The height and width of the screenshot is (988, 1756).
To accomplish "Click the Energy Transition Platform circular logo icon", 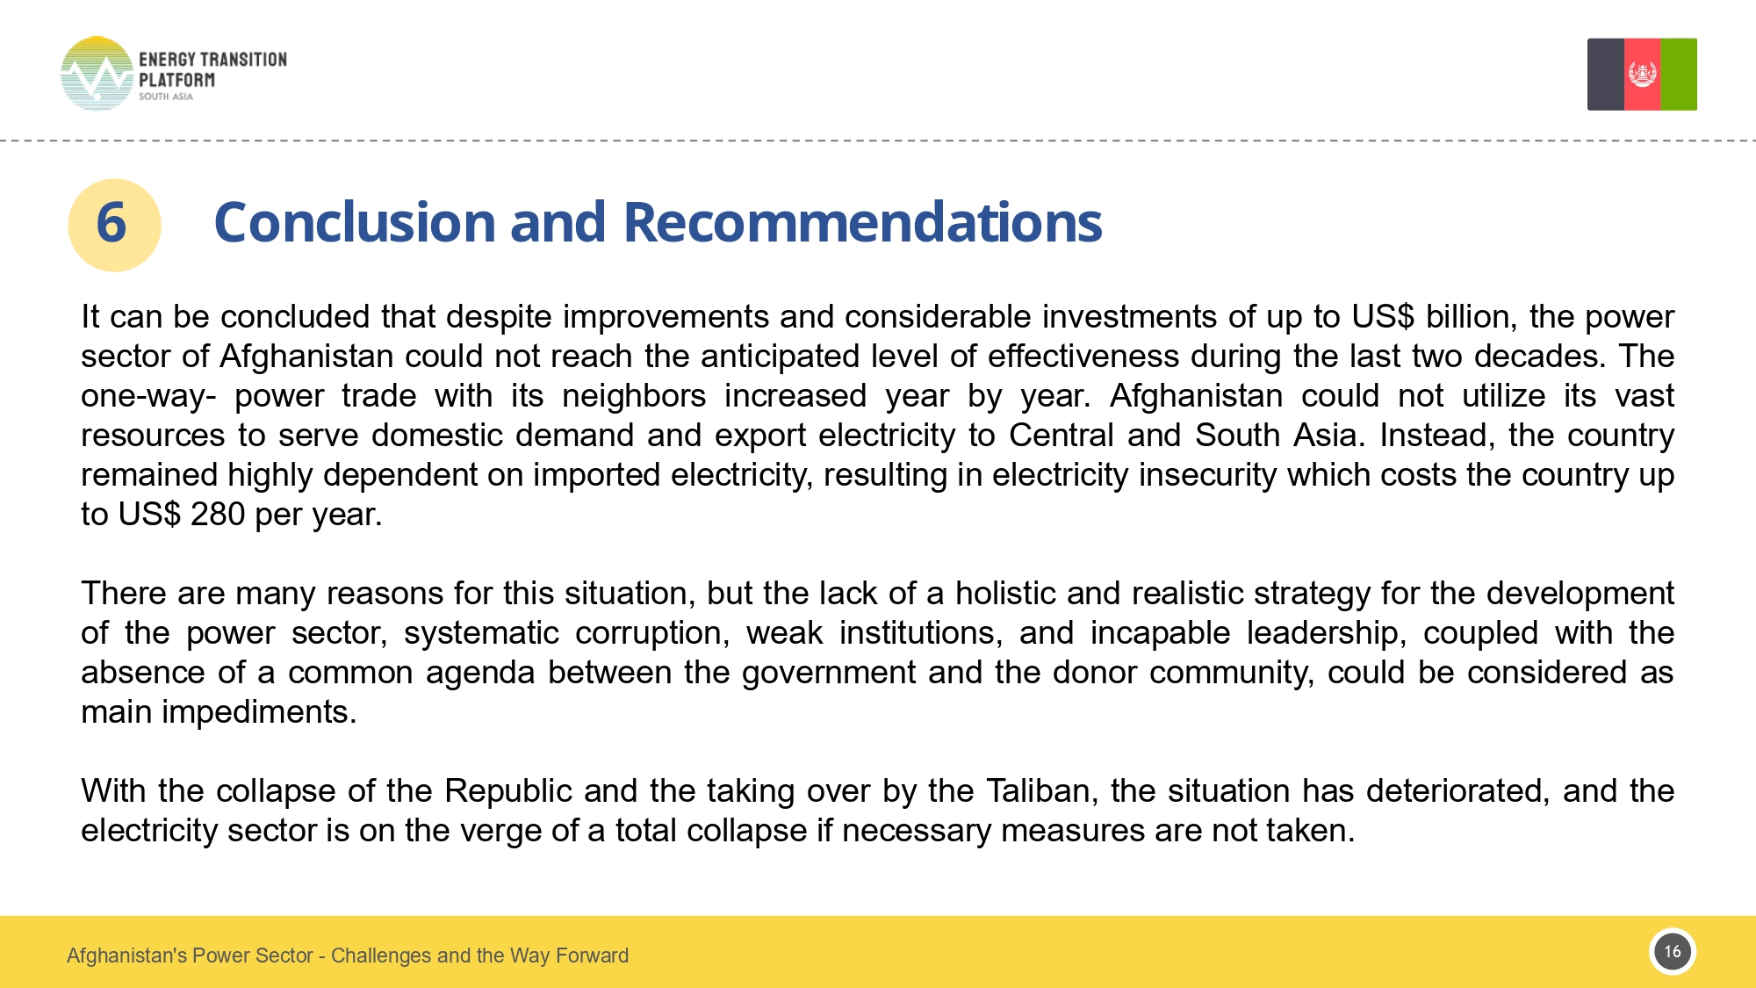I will point(97,74).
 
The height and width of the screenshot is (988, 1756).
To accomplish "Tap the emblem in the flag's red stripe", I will point(1642,74).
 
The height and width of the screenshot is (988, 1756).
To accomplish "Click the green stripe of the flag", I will point(1679,74).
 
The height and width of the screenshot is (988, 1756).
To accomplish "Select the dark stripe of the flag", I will point(1605,74).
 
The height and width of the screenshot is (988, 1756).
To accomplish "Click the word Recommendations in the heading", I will point(862,222).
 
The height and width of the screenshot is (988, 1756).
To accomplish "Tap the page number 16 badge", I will point(1673,952).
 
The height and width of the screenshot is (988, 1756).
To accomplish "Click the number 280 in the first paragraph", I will point(217,515).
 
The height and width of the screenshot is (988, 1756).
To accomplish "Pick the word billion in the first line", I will point(1471,317).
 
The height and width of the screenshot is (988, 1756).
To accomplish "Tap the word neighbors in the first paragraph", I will point(634,396).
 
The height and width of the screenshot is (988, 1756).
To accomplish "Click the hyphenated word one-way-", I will point(148,396).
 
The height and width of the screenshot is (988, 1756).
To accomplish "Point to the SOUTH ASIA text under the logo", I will point(165,97).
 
